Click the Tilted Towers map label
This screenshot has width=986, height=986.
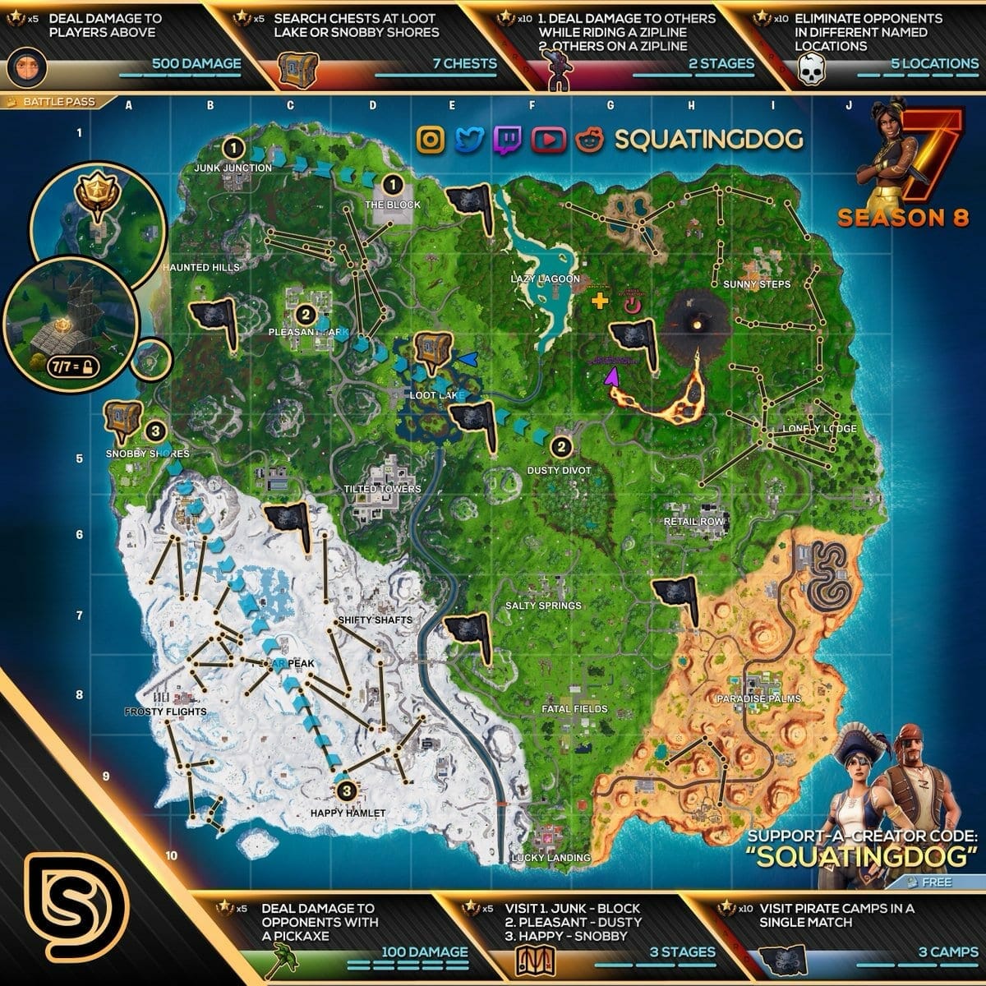pos(382,489)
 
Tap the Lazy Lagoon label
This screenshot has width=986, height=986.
pos(546,279)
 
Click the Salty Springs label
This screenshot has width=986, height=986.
pos(543,606)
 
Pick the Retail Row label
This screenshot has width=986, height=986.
pos(694,521)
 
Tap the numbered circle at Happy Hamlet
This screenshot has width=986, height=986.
pos(346,790)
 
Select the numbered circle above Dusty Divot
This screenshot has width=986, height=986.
pos(560,447)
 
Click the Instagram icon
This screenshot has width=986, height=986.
pos(431,140)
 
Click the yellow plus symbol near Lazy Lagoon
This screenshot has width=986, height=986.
pos(601,302)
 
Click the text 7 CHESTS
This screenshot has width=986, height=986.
pos(465,63)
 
